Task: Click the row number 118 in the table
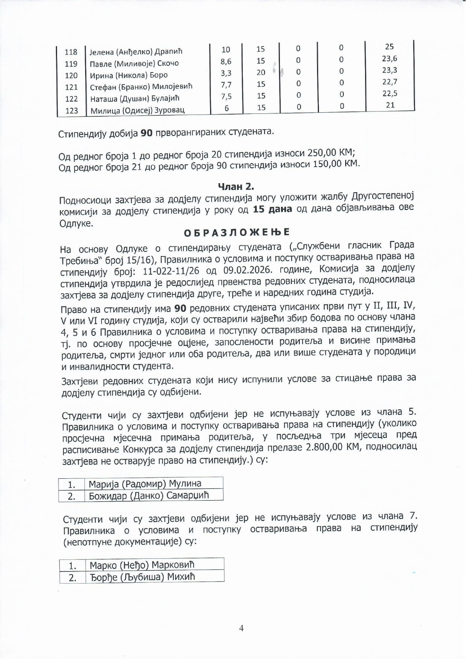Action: (x=71, y=52)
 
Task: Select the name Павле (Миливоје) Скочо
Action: (x=134, y=63)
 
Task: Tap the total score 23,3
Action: (x=389, y=70)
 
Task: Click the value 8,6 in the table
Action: (x=226, y=61)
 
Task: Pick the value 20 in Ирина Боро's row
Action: (x=261, y=72)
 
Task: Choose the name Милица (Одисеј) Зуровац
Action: (x=137, y=110)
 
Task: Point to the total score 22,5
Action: (x=390, y=93)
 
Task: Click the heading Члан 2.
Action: (x=236, y=186)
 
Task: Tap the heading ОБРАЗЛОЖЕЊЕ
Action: (x=237, y=232)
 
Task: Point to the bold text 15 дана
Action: (x=272, y=209)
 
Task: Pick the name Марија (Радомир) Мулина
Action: (x=145, y=484)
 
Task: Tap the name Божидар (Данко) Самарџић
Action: (x=149, y=496)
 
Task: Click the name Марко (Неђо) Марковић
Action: (x=142, y=565)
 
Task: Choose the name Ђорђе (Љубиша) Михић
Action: (x=142, y=576)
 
